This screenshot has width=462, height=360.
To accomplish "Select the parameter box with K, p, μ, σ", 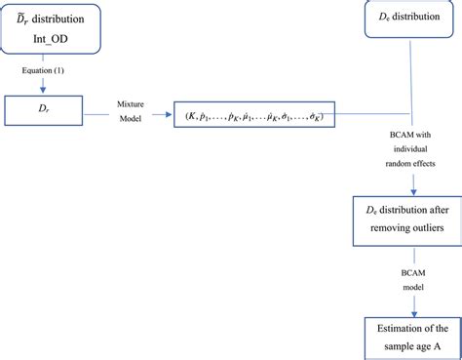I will (x=255, y=116).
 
